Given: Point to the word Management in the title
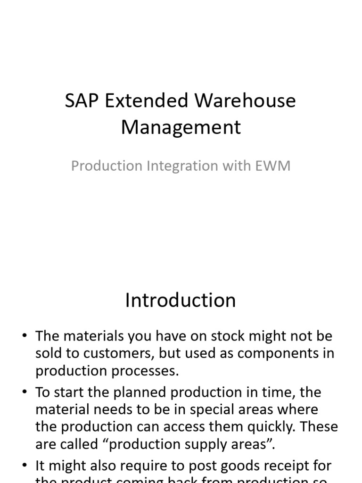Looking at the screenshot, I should point(181,127).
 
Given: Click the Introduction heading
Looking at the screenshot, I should point(181,300).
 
